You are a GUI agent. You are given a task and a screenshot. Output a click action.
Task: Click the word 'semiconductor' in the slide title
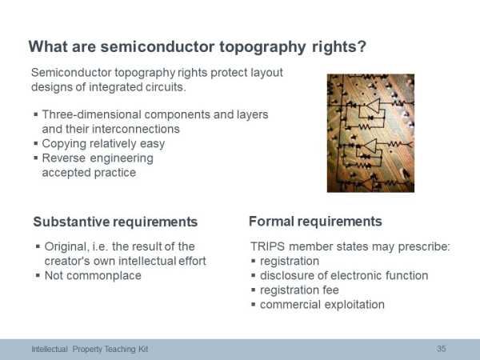158,47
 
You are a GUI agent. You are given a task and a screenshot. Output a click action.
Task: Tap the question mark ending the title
362,46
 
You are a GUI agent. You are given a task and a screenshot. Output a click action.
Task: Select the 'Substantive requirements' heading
115,222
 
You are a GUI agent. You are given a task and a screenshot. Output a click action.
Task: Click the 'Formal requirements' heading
315,222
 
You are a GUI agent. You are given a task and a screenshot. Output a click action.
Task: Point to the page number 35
441,349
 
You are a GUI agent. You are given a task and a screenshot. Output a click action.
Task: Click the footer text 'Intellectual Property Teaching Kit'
90,349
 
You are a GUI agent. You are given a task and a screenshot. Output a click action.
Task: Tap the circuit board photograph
370,133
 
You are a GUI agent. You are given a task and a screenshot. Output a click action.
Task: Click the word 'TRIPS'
267,246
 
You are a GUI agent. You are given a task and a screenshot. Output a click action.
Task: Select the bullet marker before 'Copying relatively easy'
36,143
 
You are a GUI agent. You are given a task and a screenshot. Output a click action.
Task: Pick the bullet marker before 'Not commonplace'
38,275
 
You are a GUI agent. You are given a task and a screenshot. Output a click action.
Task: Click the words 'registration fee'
299,290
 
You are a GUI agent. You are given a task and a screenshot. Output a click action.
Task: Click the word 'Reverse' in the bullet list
64,158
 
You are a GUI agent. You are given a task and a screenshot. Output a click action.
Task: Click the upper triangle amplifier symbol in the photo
374,106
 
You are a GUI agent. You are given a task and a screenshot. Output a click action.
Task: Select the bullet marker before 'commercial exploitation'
253,304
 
